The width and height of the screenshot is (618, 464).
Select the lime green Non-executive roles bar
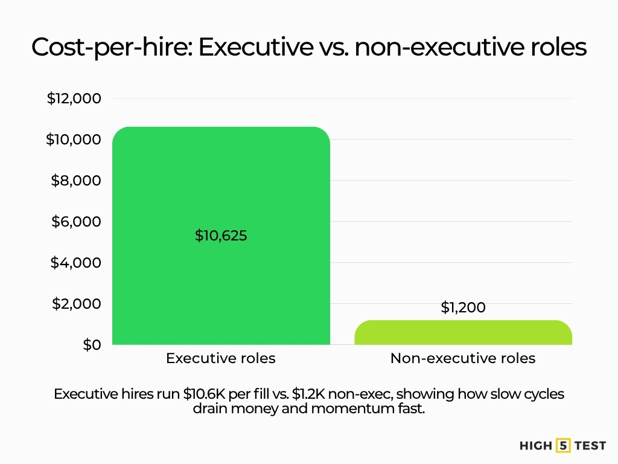tap(463, 333)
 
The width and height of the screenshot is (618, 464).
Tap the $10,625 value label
tap(221, 236)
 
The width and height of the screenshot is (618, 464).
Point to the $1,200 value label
tap(463, 308)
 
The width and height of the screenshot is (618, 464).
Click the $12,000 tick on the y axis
tap(74, 98)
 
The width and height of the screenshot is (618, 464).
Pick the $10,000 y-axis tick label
tap(74, 140)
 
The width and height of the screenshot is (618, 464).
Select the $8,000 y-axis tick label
tap(76, 181)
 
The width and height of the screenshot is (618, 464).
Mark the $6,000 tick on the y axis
tap(76, 222)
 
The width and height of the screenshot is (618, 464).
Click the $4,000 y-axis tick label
tap(76, 263)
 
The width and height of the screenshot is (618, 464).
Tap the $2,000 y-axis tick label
tap(76, 303)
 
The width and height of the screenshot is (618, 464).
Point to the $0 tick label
tap(92, 344)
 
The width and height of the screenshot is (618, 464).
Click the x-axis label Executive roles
tap(221, 358)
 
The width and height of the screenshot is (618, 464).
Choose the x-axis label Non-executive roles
tap(463, 358)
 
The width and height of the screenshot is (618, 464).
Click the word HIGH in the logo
tap(536, 446)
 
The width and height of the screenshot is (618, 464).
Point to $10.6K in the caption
tap(204, 394)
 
